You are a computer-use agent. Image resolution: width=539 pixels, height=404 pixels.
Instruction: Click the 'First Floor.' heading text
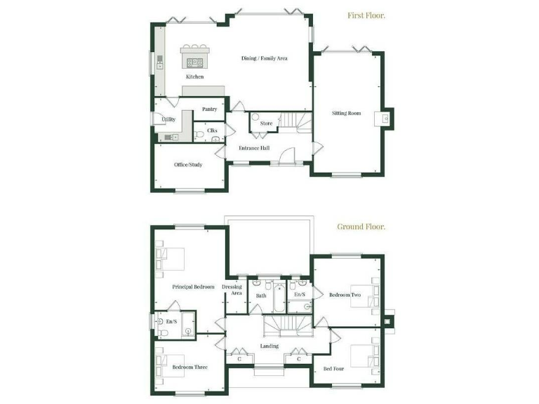[x=367, y=15]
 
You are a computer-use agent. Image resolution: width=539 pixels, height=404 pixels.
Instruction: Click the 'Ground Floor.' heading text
[x=361, y=227]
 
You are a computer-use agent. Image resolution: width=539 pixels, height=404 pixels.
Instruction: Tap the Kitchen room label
[x=194, y=76]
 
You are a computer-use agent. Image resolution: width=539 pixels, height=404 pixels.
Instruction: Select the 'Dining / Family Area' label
[x=265, y=58]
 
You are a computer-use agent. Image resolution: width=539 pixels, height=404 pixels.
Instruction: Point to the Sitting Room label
[x=347, y=112]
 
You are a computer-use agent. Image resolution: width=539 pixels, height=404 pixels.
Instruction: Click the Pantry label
[x=209, y=109]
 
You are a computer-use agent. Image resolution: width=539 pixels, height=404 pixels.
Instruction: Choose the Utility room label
[x=168, y=119]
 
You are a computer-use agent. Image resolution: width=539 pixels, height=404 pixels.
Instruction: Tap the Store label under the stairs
[x=266, y=123]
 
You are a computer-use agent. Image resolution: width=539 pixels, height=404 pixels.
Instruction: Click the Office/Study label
[x=188, y=165]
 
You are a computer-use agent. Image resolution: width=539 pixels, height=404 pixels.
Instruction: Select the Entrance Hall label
[x=253, y=148]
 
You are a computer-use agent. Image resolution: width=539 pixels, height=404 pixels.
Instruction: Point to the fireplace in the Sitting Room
[x=386, y=119]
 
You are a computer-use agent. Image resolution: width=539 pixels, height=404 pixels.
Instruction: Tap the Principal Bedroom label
[x=194, y=287]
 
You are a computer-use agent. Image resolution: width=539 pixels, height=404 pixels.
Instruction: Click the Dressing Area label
[x=232, y=290]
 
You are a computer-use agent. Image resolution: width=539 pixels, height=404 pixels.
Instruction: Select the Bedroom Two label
[x=345, y=295]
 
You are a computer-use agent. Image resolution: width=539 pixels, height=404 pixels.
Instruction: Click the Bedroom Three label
[x=189, y=367]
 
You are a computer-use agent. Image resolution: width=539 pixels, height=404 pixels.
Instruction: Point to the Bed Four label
[x=333, y=368]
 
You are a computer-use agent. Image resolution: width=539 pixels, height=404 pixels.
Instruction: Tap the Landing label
[x=269, y=346]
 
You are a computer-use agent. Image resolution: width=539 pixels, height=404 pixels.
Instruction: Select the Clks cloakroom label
[x=212, y=130]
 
